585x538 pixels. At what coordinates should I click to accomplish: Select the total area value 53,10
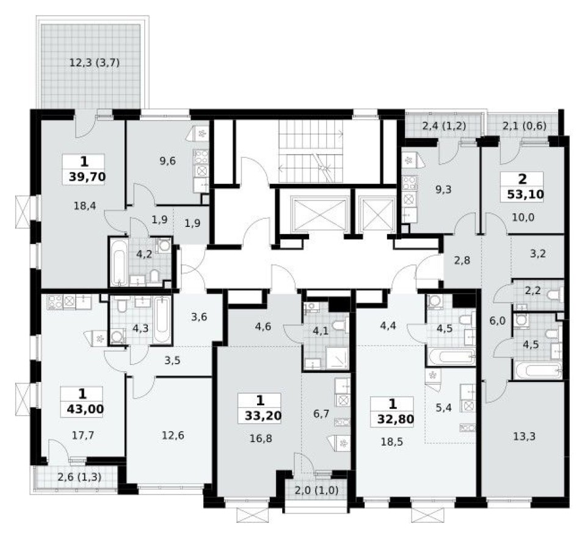click(522, 196)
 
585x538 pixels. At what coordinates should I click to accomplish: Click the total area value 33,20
click(260, 418)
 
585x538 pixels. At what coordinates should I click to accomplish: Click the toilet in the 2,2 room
click(553, 296)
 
